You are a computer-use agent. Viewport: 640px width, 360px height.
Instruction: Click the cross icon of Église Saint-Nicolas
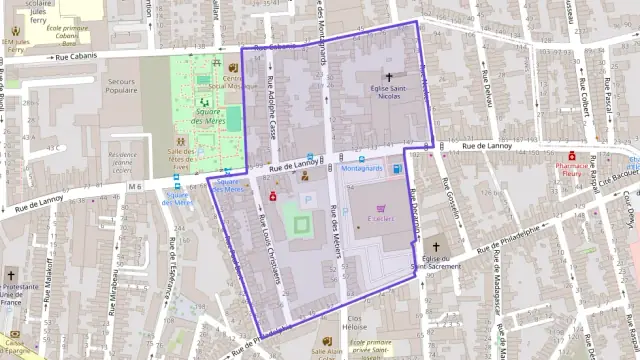coord(389,77)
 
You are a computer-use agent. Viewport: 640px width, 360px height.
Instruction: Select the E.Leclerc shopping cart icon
coord(380,208)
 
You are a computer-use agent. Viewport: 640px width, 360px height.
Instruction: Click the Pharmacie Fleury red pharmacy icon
coord(572,156)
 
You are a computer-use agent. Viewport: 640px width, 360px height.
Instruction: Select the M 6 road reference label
coord(134,186)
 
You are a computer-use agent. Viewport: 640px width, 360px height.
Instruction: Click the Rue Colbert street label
coord(578,97)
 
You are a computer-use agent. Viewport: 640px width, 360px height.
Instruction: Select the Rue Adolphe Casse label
coord(270,110)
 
